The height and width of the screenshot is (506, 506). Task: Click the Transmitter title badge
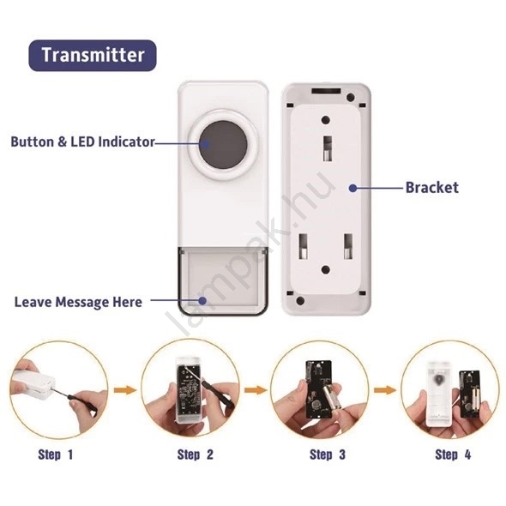click(93, 55)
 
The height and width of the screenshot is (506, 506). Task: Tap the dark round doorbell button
click(223, 145)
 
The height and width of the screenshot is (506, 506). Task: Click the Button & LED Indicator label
click(83, 142)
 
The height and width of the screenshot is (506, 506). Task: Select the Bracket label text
click(431, 188)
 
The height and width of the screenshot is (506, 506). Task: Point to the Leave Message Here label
click(78, 302)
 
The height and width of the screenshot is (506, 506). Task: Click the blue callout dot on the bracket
click(353, 188)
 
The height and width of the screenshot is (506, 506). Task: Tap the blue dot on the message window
click(202, 301)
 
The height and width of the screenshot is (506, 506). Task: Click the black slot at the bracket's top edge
click(326, 91)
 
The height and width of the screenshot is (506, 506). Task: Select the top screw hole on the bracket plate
click(326, 120)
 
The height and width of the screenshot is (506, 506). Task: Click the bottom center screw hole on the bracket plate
click(326, 270)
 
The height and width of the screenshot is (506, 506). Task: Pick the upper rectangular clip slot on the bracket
click(328, 148)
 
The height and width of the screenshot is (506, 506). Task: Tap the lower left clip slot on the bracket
click(303, 247)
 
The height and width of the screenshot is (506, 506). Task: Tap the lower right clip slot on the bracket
click(348, 247)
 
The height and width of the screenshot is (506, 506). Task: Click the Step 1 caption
click(56, 455)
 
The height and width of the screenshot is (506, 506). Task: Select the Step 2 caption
click(196, 455)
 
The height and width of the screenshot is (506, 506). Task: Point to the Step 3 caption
click(328, 455)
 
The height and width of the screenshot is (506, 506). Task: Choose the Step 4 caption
click(453, 455)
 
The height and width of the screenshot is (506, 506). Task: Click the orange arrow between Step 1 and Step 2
click(125, 390)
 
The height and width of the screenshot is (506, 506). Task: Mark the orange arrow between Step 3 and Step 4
click(385, 390)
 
